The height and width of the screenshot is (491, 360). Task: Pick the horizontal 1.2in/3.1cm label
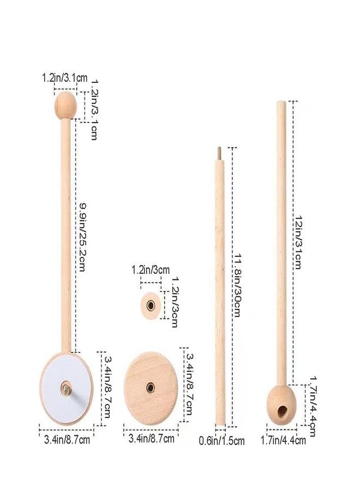point(64,78)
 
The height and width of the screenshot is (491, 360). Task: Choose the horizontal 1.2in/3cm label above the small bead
point(151,270)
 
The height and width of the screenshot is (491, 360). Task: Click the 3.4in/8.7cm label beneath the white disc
point(68,438)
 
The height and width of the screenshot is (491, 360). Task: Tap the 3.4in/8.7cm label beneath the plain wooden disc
point(151,438)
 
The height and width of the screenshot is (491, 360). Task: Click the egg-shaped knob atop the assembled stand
point(65,105)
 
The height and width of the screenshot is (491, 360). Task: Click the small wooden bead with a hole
point(151,304)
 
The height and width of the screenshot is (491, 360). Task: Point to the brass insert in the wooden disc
point(150,387)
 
